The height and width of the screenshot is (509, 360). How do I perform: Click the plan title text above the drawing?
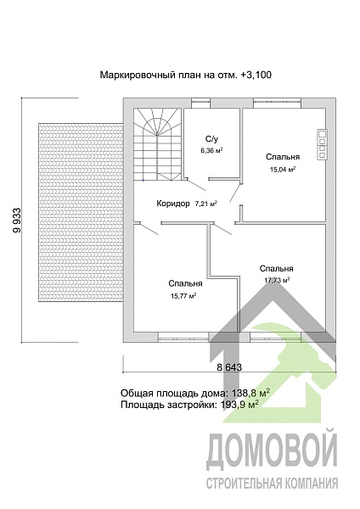pyautogui.click(x=186, y=75)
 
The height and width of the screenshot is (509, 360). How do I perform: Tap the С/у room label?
pyautogui.click(x=212, y=139)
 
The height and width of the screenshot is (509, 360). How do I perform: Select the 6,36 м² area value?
pyautogui.click(x=211, y=151)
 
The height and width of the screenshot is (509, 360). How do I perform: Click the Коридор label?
pyautogui.click(x=173, y=204)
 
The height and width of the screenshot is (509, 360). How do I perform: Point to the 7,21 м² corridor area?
pyautogui.click(x=206, y=204)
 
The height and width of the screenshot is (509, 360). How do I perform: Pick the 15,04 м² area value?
pyautogui.click(x=283, y=169)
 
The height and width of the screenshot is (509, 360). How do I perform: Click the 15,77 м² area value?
pyautogui.click(x=183, y=296)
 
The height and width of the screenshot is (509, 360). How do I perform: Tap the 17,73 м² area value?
pyautogui.click(x=277, y=280)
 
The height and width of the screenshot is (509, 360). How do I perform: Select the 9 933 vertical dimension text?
pyautogui.click(x=17, y=220)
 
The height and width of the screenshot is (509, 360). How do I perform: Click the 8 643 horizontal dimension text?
pyautogui.click(x=229, y=367)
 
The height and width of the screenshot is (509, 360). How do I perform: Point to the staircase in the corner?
pyautogui.click(x=158, y=144)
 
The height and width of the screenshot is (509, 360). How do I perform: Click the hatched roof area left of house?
pyautogui.click(x=81, y=212)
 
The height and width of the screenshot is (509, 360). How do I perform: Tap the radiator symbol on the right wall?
pyautogui.click(x=322, y=144)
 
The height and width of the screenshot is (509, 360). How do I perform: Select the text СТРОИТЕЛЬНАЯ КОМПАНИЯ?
pyautogui.click(x=272, y=484)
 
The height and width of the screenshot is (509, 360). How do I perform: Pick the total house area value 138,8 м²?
pyautogui.click(x=250, y=393)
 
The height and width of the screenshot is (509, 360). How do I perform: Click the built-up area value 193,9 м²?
pyautogui.click(x=239, y=405)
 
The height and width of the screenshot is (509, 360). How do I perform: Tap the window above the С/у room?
pyautogui.click(x=200, y=103)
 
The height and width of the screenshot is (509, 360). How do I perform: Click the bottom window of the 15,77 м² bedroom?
pyautogui.click(x=183, y=338)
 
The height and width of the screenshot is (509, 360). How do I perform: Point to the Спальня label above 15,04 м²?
pyautogui.click(x=283, y=157)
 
